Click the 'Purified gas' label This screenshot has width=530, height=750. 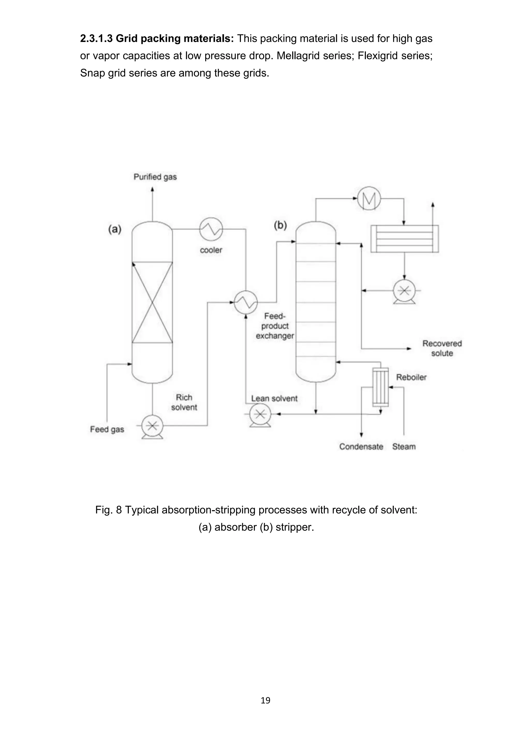click(155, 177)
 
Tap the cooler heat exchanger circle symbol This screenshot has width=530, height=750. click(211, 229)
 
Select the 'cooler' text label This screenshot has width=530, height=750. click(211, 250)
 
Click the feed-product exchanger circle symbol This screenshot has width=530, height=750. click(246, 302)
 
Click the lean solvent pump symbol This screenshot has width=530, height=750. click(260, 415)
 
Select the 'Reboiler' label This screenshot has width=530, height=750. click(411, 377)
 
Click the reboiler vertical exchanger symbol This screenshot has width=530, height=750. click(380, 387)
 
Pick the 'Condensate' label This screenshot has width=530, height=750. click(361, 446)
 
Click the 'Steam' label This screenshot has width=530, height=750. click(404, 446)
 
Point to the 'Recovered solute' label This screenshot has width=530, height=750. click(442, 348)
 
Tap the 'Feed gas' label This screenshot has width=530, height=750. click(107, 429)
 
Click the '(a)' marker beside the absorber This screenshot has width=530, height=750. click(115, 229)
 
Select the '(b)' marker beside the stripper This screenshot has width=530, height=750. click(280, 225)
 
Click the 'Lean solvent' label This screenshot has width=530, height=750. click(274, 399)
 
